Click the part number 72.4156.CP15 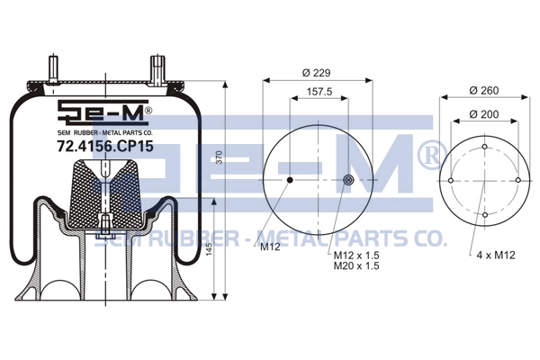105,147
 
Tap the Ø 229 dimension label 316,73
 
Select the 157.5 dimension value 319,91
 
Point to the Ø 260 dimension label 484,90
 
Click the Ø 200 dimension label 484,114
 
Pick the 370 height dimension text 219,157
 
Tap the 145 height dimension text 209,248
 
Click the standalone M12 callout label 270,247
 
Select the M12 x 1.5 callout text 356,256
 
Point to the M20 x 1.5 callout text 356,265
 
